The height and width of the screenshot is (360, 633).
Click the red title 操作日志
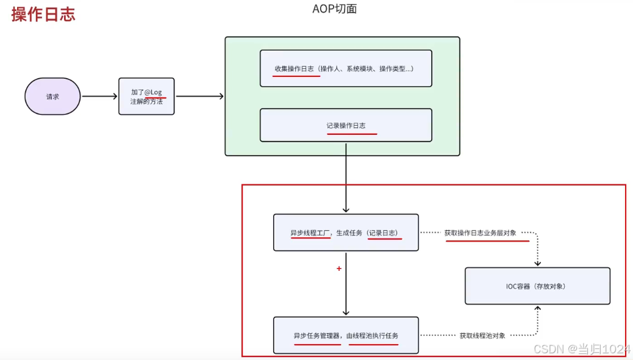pos(43,14)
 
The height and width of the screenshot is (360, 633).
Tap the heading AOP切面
pos(334,9)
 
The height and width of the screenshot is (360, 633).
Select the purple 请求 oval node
pos(52,96)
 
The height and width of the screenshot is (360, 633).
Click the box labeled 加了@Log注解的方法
pos(146,96)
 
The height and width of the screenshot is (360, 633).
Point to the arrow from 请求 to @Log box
pos(99,96)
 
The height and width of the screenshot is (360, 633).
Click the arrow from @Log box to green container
pos(199,96)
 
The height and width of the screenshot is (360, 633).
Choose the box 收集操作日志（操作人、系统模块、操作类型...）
pos(346,68)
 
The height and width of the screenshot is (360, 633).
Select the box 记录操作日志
pos(346,125)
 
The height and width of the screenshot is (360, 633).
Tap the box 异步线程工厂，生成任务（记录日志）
pos(346,232)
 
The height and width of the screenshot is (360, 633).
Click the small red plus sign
pos(338,268)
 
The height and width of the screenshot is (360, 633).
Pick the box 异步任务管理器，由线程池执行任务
pos(346,335)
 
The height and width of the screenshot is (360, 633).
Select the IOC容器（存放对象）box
pos(537,286)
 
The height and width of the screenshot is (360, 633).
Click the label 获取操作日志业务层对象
pos(481,232)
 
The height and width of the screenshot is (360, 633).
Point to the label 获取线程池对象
pos(482,335)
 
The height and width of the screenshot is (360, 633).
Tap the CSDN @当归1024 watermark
pos(581,349)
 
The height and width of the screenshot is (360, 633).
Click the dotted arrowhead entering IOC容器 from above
pos(537,263)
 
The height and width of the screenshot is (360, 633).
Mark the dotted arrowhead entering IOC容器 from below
pos(537,308)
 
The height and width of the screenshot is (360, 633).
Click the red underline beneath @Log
pos(156,98)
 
